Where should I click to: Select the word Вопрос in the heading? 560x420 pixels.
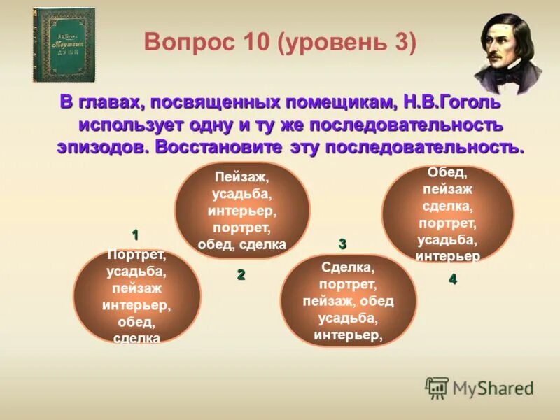pos(188,43)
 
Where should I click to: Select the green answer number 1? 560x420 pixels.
pos(135,234)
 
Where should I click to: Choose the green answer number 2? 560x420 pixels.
pos(241,275)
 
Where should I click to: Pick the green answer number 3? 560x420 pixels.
pos(342,244)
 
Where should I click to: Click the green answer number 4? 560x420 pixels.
pos(453,279)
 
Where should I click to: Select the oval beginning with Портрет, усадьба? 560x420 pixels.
pos(136,296)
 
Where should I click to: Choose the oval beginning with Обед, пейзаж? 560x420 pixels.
pos(447,214)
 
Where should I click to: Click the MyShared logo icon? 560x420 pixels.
pos(437,388)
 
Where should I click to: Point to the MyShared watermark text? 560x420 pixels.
pos(493,388)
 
